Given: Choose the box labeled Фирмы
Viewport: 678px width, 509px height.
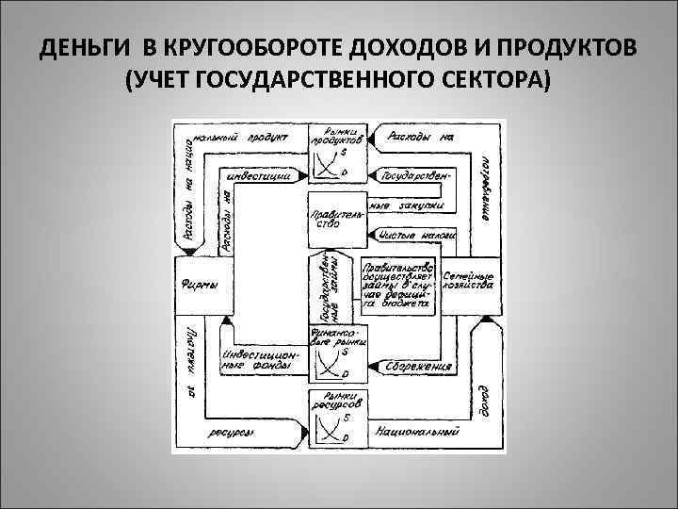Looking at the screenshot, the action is pos(198,287).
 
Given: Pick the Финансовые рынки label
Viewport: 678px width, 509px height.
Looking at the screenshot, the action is pos(331,336).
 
